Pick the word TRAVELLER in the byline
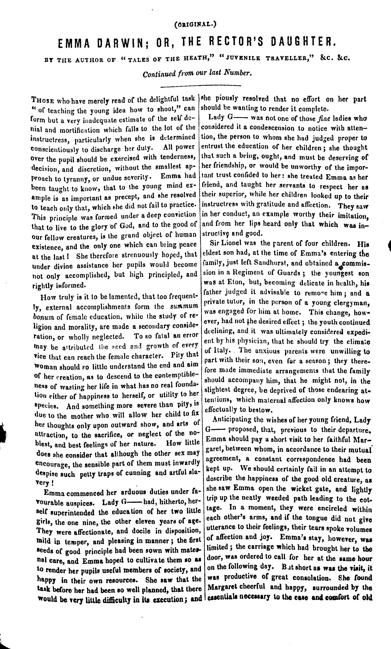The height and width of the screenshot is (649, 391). pos(289,59)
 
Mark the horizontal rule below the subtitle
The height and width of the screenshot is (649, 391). pos(201,86)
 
